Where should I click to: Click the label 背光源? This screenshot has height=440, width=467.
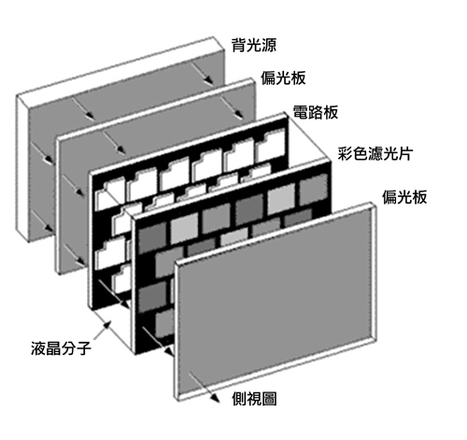(x=254, y=45)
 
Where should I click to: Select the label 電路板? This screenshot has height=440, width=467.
(x=316, y=112)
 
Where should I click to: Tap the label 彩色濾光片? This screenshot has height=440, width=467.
(x=375, y=154)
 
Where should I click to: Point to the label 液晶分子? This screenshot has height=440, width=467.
(x=61, y=348)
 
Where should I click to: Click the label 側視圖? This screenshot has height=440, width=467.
(x=254, y=399)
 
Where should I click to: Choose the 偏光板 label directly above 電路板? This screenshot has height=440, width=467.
(x=283, y=78)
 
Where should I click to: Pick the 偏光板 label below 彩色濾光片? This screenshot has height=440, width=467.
(x=404, y=197)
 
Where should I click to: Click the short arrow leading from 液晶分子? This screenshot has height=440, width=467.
(x=102, y=331)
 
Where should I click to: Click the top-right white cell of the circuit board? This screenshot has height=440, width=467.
(x=270, y=147)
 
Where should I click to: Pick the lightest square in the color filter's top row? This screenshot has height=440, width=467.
(x=281, y=199)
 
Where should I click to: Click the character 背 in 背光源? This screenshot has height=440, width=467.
(x=239, y=45)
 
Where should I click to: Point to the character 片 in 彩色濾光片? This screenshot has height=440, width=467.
(x=405, y=154)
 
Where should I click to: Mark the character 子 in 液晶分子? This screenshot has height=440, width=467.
(x=84, y=348)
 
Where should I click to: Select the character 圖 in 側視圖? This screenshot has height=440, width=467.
(x=269, y=399)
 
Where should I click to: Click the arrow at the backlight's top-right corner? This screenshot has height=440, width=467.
(x=202, y=73)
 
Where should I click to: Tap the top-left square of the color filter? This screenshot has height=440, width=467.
(x=152, y=237)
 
